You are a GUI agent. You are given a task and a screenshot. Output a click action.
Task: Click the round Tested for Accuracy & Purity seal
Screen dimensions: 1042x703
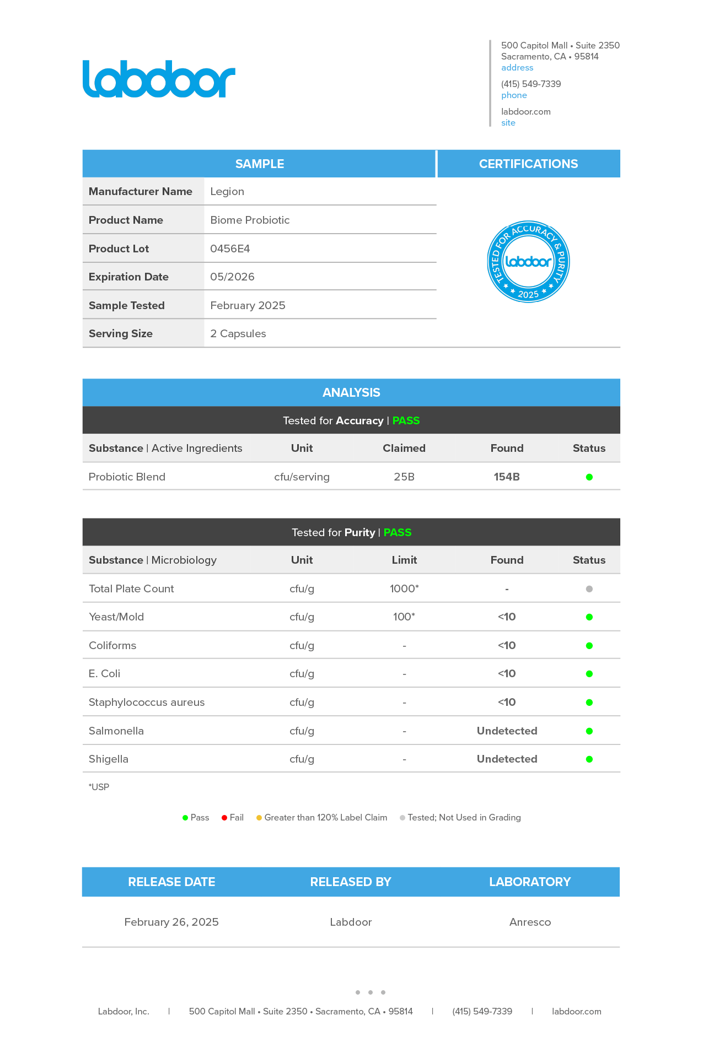tap(528, 262)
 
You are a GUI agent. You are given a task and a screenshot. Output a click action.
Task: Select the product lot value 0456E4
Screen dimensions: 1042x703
tap(230, 249)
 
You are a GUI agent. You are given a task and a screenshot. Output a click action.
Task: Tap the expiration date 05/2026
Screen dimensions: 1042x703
tap(232, 277)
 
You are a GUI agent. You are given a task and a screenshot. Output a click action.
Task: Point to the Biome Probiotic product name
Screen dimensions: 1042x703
tap(250, 220)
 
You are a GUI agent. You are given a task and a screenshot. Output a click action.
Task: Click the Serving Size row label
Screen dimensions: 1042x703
tap(121, 333)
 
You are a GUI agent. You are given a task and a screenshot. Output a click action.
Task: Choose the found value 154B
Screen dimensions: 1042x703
tap(507, 477)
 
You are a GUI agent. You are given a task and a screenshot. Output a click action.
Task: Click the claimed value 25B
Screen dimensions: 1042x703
tap(404, 477)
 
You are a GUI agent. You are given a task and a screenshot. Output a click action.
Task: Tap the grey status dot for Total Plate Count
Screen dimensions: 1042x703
tap(589, 589)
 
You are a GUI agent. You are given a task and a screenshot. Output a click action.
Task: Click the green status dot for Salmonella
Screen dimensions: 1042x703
tap(589, 731)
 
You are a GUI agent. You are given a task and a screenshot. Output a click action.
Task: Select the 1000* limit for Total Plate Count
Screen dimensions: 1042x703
tap(404, 589)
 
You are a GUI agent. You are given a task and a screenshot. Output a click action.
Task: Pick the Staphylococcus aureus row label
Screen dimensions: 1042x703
tap(147, 702)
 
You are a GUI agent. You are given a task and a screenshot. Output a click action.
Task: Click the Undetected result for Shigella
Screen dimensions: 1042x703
tap(507, 759)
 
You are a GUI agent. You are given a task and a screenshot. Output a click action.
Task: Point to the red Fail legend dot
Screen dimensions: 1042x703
tap(224, 818)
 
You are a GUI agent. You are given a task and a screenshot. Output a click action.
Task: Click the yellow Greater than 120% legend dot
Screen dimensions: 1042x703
tap(259, 818)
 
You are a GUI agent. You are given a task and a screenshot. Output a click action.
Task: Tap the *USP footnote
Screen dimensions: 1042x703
tap(99, 787)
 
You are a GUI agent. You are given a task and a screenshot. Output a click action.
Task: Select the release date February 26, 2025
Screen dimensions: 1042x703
tap(171, 922)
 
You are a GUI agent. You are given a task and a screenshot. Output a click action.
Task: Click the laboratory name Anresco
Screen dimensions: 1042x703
tap(530, 922)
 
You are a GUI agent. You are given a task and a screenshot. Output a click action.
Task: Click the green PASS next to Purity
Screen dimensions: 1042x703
tap(398, 532)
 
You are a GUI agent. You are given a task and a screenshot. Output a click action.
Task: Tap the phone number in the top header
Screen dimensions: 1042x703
tap(531, 84)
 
